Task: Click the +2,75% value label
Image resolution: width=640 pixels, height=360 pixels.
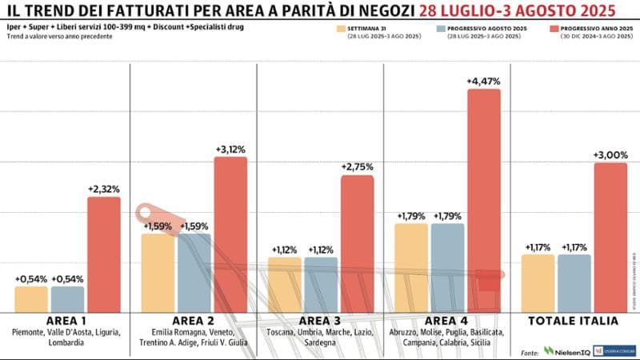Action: point(358,166)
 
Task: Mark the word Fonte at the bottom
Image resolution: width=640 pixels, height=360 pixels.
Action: point(529,351)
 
